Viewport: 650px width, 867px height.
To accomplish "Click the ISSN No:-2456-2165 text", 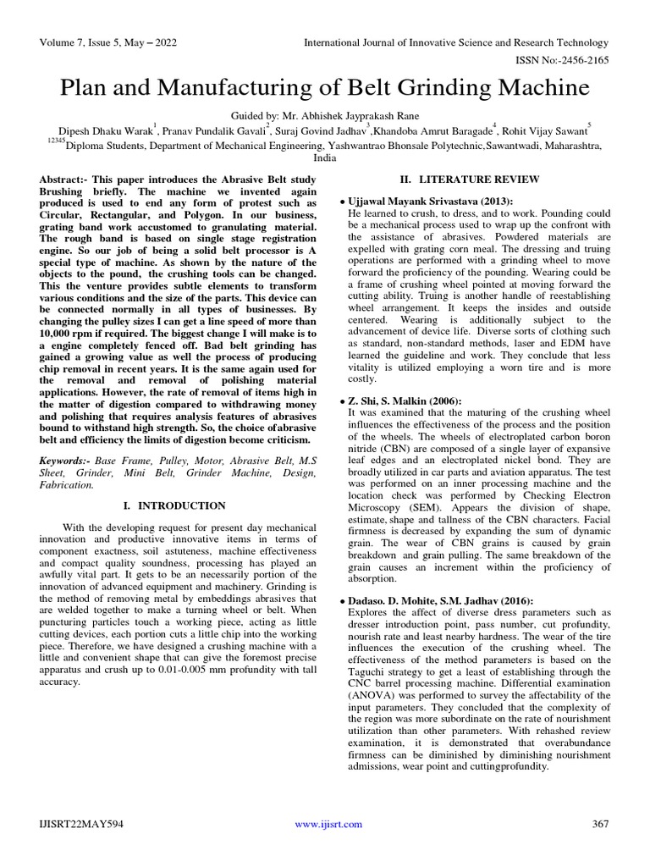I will pyautogui.click(x=564, y=61).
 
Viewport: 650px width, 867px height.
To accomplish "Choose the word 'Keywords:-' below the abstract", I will pyautogui.click(x=67, y=460).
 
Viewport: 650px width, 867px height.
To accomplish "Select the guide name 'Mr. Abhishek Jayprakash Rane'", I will pyautogui.click(x=357, y=115).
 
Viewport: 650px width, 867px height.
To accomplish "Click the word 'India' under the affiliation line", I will pyautogui.click(x=325, y=158).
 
